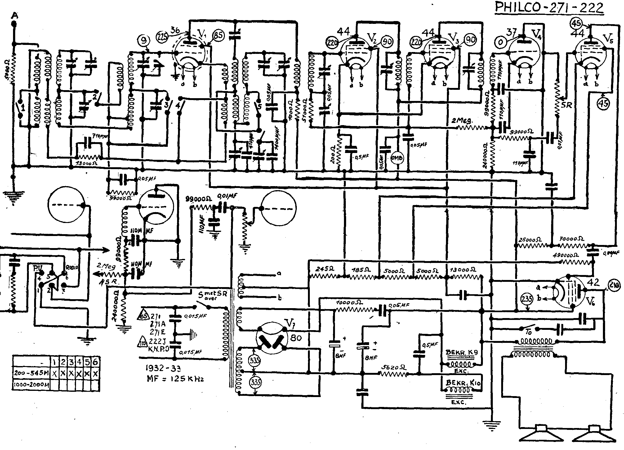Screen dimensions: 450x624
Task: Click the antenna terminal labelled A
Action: pos(14,15)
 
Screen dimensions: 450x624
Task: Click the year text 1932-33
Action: pos(163,369)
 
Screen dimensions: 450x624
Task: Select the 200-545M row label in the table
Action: pos(31,374)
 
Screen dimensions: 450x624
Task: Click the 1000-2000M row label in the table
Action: pos(31,385)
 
